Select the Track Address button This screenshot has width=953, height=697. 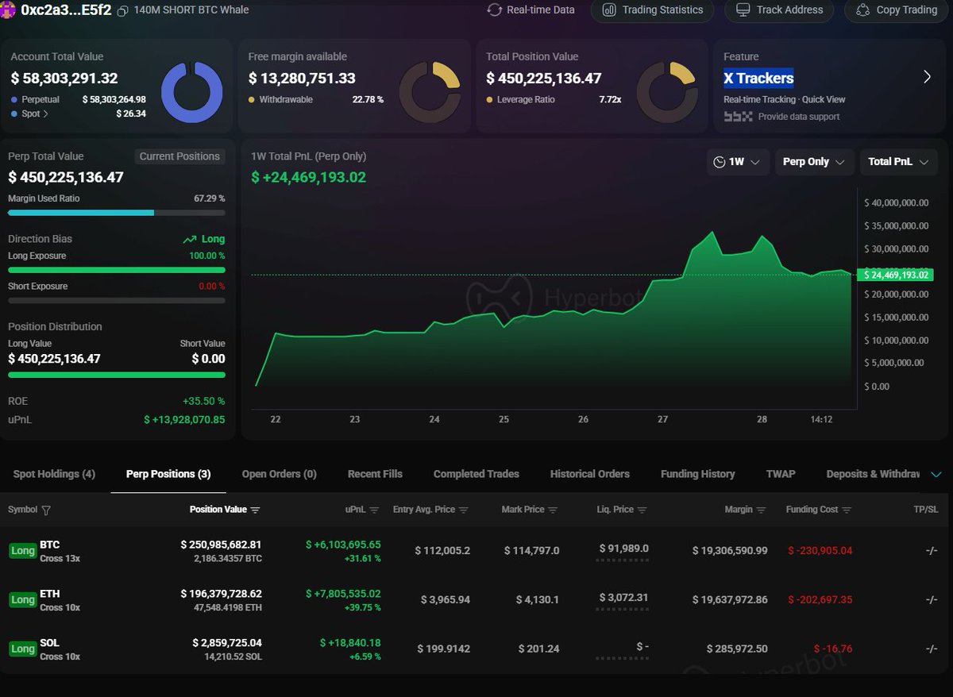coord(781,10)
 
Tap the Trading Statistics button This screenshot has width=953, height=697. coord(652,10)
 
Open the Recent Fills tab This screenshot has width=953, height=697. coord(375,474)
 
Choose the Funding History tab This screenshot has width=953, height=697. coord(697,474)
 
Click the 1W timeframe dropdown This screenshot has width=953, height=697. coord(736,162)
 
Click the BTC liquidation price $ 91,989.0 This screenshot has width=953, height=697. coord(623,549)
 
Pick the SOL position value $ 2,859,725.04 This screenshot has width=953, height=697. coord(226,642)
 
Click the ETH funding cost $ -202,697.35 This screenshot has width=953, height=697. coord(820,599)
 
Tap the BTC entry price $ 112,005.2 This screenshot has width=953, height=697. coord(442,550)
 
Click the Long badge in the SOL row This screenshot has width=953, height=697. coord(22,649)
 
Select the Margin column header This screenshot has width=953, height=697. coord(738,510)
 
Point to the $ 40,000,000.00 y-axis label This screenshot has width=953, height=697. coord(895,202)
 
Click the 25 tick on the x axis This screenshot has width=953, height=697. coord(504,419)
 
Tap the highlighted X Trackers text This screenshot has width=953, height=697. coord(758,78)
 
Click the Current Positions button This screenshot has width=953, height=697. coord(179,156)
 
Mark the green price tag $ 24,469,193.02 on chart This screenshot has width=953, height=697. coord(895,275)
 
